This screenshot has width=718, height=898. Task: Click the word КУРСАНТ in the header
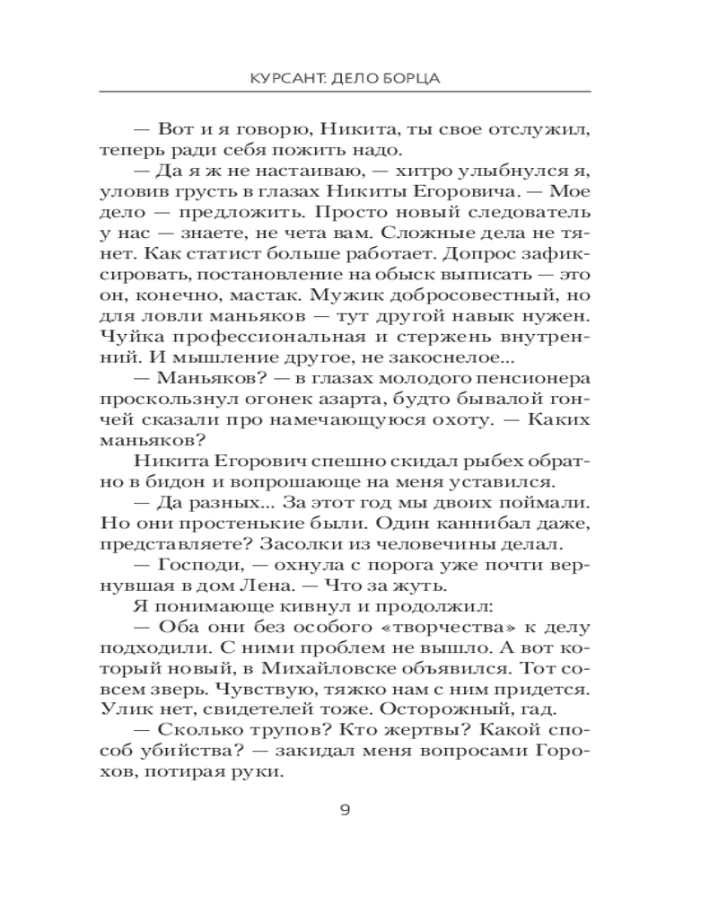[x=287, y=78]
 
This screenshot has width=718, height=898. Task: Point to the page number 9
[x=345, y=810]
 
